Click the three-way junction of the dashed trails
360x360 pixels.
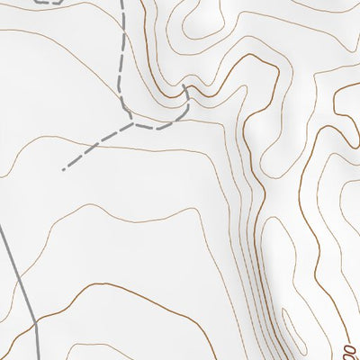pos(132,122)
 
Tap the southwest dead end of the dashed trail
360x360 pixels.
pos(63,169)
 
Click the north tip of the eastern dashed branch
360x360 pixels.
pos(184,86)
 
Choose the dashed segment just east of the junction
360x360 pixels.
pos(157,127)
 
